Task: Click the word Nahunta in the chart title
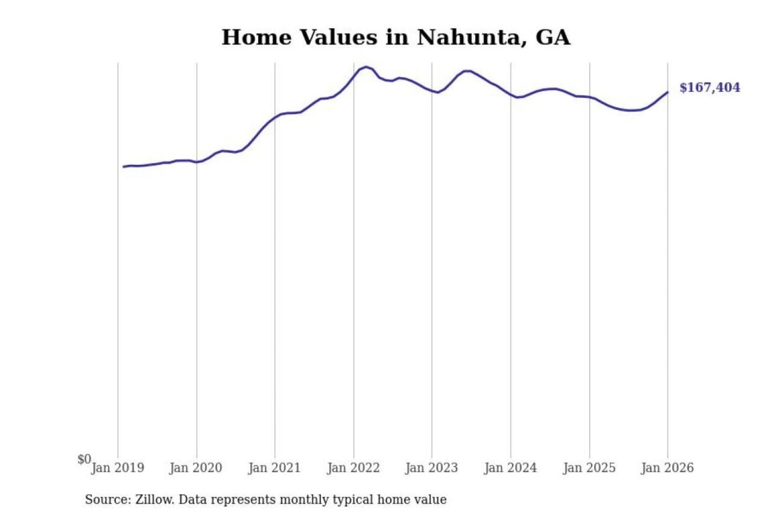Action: pos(471,38)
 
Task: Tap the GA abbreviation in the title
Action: pos(553,38)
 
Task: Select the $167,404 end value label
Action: pos(709,87)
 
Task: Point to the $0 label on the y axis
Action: pos(84,459)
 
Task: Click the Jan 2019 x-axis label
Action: pos(117,468)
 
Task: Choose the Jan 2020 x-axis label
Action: pos(196,468)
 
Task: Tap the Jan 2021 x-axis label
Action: pos(274,468)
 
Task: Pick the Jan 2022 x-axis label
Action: pos(353,468)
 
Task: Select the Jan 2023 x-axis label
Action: pos(432,468)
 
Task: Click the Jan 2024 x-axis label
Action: pos(510,468)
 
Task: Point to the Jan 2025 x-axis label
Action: pos(589,468)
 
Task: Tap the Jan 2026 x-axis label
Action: pos(667,468)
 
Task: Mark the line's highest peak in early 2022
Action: pos(366,67)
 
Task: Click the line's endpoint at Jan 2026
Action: pos(667,92)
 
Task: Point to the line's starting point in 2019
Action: pos(124,167)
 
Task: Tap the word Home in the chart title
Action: pos(256,38)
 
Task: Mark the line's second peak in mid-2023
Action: pos(466,71)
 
